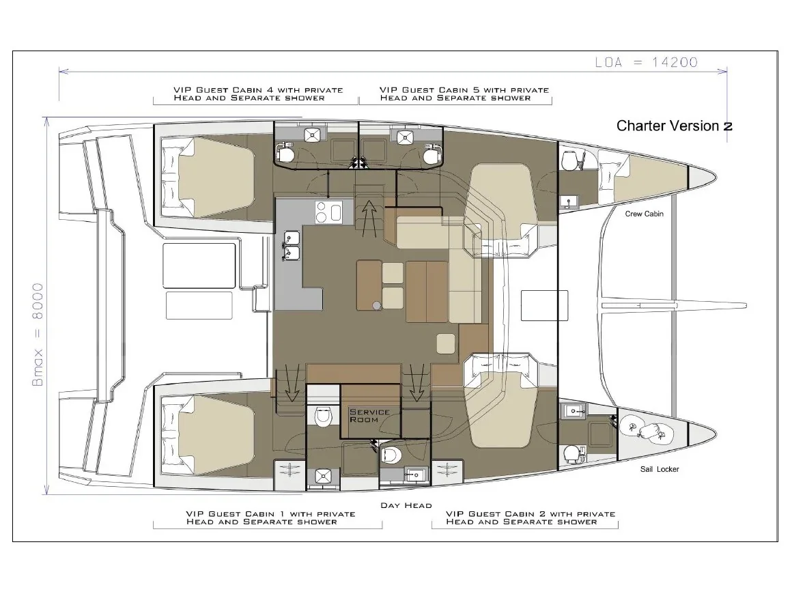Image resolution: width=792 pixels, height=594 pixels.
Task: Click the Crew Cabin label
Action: tap(644, 214)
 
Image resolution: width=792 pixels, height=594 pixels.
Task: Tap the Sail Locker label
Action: tap(659, 469)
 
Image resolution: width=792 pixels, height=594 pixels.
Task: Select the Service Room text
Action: tap(369, 416)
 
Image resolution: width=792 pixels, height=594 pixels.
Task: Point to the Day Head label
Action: tap(406, 505)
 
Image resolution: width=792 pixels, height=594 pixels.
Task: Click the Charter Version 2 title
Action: tap(675, 126)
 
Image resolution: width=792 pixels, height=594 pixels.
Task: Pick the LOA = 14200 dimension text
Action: tap(646, 62)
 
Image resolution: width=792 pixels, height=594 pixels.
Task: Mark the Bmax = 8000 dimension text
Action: tap(38, 335)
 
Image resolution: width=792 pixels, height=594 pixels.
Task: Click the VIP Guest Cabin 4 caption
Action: tap(258, 94)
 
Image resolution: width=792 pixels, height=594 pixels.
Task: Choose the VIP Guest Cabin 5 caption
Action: tap(464, 94)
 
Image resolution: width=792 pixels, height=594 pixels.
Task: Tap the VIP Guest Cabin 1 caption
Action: tap(271, 518)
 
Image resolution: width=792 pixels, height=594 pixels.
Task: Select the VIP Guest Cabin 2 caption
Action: tap(531, 518)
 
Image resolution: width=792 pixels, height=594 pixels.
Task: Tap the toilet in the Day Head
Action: tap(391, 455)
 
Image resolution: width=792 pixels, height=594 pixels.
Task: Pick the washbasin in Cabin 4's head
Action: tap(311, 135)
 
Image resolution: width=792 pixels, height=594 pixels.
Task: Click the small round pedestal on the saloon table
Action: tap(376, 305)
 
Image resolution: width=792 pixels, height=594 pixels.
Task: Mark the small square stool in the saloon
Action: tap(446, 344)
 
